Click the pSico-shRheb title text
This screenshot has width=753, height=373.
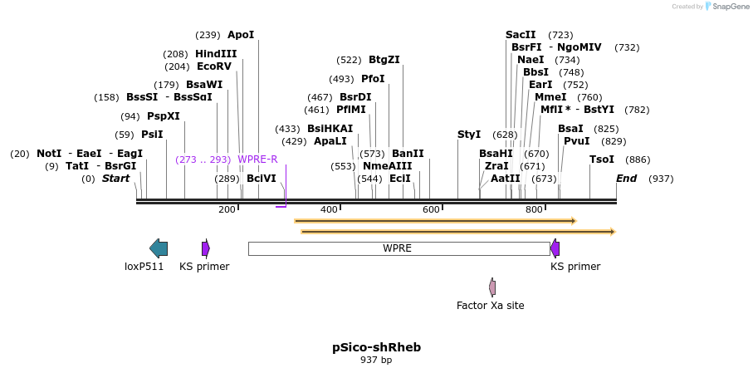pyautogui.click(x=376, y=347)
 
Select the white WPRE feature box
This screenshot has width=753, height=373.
pyautogui.click(x=399, y=248)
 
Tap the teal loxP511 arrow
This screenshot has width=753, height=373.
pyautogui.click(x=159, y=248)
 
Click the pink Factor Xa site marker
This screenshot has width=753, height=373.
pyautogui.click(x=492, y=287)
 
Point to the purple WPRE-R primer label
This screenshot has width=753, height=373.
pyautogui.click(x=257, y=160)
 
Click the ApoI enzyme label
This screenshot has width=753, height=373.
pyautogui.click(x=241, y=35)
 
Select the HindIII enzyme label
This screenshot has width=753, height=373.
pyautogui.click(x=216, y=54)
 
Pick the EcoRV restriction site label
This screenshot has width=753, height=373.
pyautogui.click(x=214, y=66)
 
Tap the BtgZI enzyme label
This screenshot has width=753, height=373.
pyautogui.click(x=384, y=60)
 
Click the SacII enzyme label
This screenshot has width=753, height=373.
pyautogui.click(x=521, y=35)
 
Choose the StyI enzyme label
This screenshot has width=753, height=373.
pyautogui.click(x=469, y=135)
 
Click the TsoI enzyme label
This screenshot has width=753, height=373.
pyautogui.click(x=602, y=160)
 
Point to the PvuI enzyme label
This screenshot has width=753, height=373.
pyautogui.click(x=576, y=141)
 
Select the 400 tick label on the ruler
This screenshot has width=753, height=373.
pyautogui.click(x=329, y=209)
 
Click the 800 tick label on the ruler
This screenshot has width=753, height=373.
pyautogui.click(x=534, y=209)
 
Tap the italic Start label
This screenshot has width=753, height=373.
pyautogui.click(x=115, y=179)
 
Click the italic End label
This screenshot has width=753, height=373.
pyautogui.click(x=626, y=179)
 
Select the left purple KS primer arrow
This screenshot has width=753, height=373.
pyautogui.click(x=206, y=248)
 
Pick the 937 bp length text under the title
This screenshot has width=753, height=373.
pyautogui.click(x=376, y=361)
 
